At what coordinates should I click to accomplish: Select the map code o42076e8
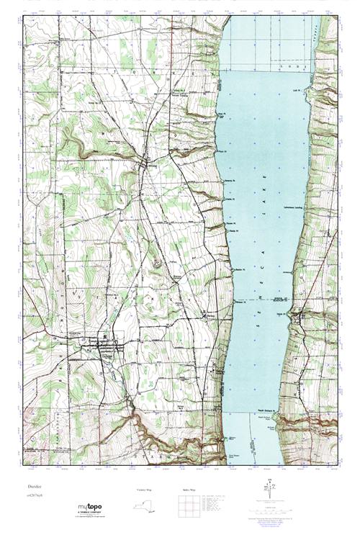pyautogui.click(x=32, y=495)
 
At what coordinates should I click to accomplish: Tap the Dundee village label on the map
pyautogui.click(x=108, y=352)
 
